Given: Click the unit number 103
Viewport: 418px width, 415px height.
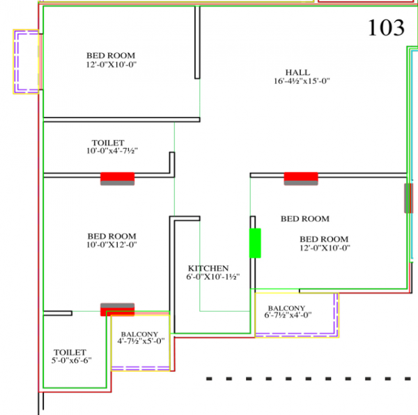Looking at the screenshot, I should click(386, 28).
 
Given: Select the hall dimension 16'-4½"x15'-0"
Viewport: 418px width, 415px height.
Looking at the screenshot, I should click(301, 82).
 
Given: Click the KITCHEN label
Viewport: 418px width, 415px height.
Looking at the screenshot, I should click(208, 268).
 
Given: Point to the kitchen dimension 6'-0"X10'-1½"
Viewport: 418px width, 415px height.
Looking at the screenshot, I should click(212, 277).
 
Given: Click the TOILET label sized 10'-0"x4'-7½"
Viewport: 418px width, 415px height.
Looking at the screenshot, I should click(107, 142).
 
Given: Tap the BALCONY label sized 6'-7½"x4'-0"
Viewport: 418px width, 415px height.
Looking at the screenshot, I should click(286, 308).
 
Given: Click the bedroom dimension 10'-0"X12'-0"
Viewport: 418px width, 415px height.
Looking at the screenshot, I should click(111, 245).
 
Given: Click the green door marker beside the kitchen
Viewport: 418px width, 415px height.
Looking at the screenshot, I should click(255, 243).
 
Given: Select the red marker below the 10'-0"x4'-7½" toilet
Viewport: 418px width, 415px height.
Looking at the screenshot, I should click(117, 178).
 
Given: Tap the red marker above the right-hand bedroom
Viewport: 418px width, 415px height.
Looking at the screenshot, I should click(300, 179).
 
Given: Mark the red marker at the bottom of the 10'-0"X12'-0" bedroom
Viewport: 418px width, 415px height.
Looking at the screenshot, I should click(117, 310).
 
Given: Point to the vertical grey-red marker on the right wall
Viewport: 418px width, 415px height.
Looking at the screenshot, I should click(408, 198).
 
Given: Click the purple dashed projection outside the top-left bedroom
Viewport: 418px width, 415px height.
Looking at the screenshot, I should click(26, 61).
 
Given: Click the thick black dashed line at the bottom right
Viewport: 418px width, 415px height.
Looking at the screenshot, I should click(311, 379).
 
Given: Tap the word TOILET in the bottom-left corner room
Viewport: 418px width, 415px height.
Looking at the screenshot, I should click(70, 353).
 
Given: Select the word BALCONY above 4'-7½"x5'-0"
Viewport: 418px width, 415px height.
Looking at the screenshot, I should click(140, 333).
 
